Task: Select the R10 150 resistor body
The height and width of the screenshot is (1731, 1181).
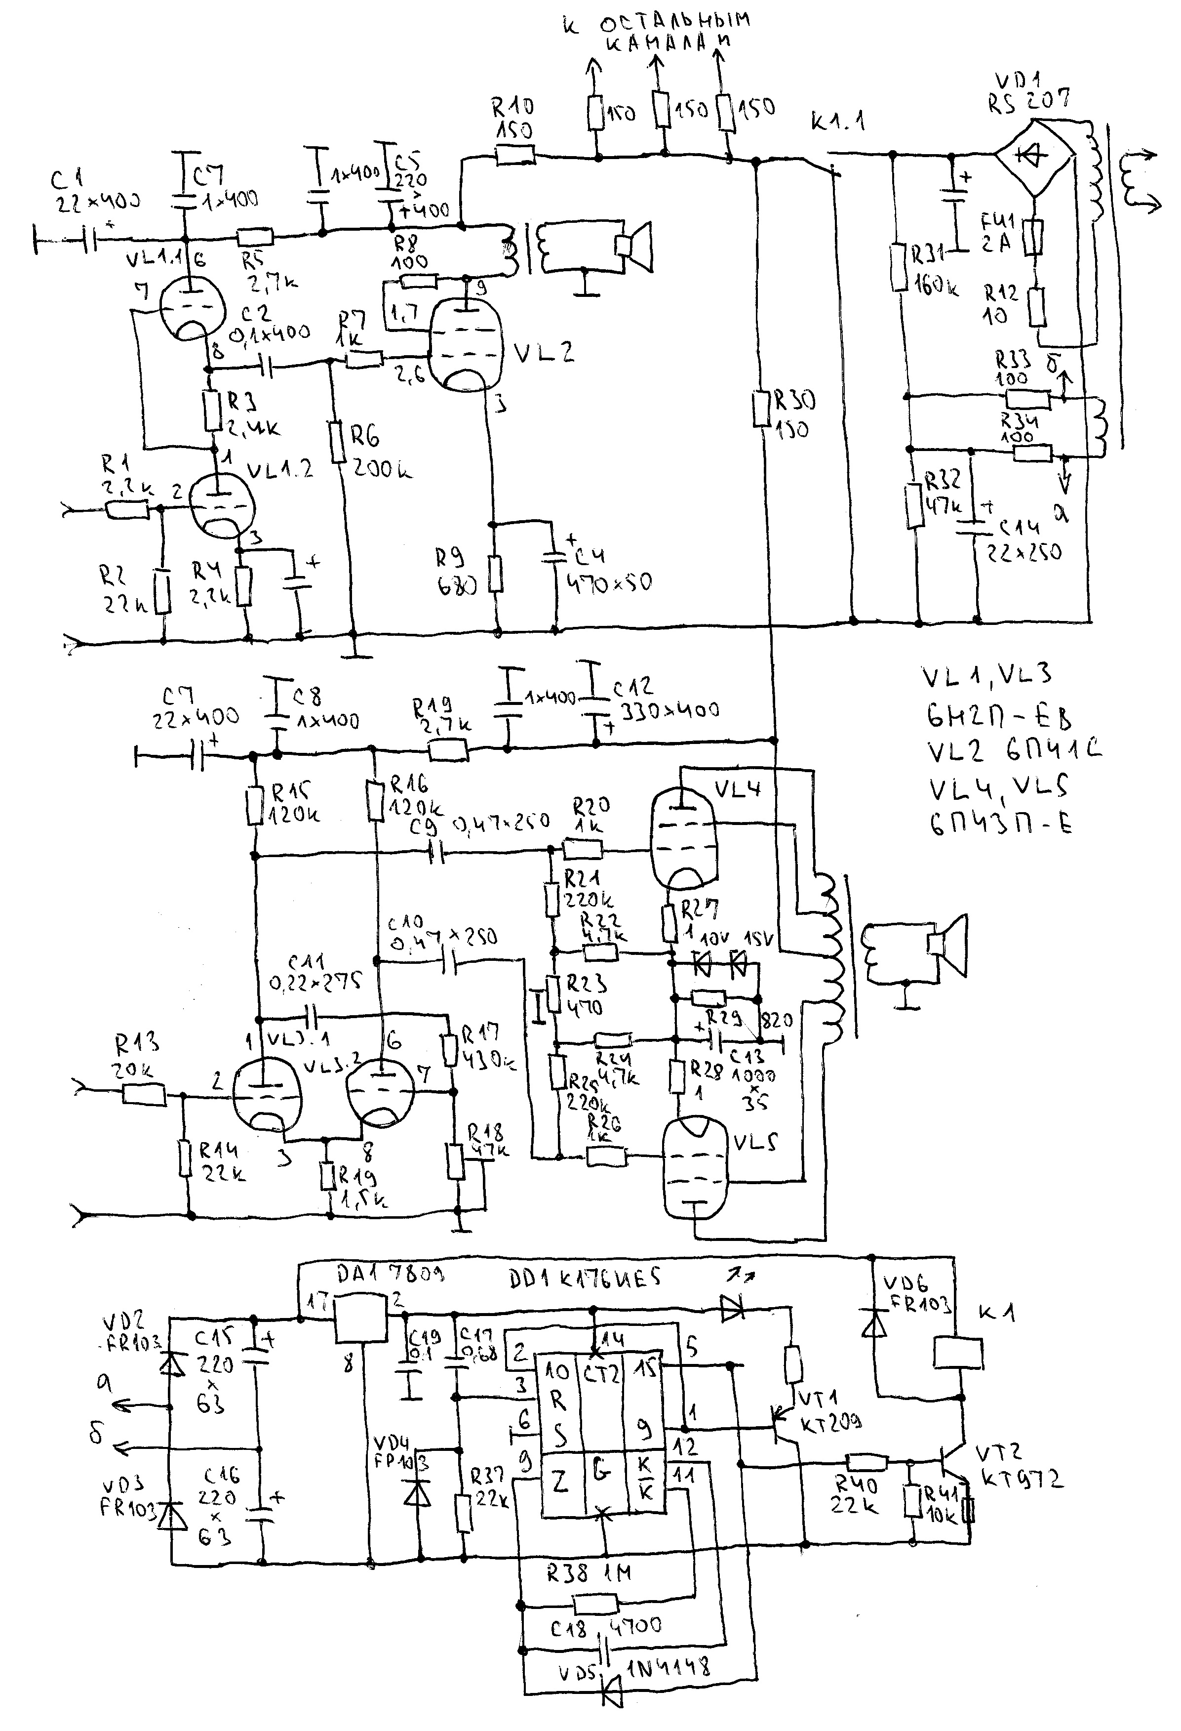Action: tap(515, 156)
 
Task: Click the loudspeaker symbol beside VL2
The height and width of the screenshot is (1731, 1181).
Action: tap(632, 246)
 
